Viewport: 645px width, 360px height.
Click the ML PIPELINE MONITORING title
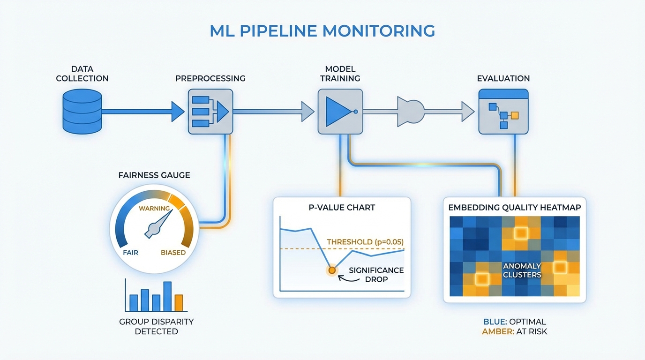(322, 31)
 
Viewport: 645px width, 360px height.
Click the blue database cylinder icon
(82, 112)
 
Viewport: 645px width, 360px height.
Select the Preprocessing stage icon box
(210, 112)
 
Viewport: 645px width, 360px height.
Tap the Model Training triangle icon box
(340, 112)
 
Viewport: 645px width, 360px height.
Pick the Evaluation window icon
(503, 112)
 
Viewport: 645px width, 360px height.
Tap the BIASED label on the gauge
(173, 253)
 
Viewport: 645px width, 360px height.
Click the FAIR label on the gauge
(130, 253)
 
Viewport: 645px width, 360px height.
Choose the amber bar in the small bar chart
(179, 303)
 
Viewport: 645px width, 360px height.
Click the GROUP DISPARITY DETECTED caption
(156, 327)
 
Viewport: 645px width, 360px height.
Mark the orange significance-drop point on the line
(332, 270)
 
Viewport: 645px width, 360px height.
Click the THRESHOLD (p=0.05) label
(365, 242)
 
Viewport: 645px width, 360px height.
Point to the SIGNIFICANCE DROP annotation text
(376, 275)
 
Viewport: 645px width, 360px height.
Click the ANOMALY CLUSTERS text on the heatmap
(522, 270)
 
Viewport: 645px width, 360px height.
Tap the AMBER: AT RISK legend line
(515, 331)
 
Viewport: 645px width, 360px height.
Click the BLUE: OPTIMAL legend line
(515, 322)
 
